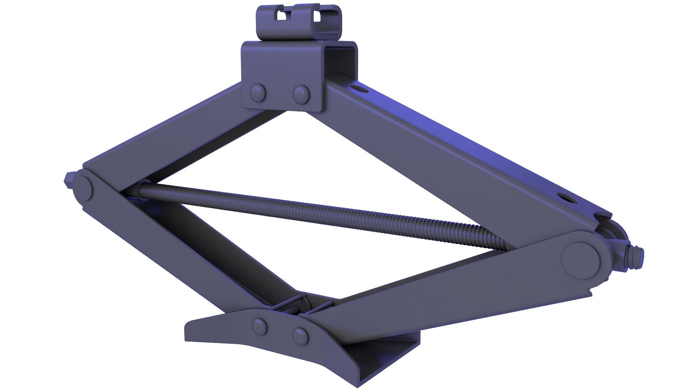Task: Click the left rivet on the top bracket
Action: (258, 93)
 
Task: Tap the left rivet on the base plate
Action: (260, 326)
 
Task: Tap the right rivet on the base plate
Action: (301, 336)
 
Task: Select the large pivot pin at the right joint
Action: (581, 260)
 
